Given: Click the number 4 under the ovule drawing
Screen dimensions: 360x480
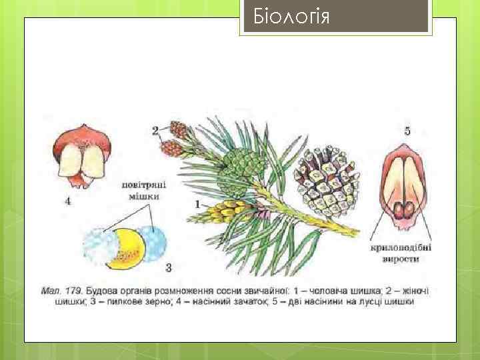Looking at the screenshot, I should pos(68,201).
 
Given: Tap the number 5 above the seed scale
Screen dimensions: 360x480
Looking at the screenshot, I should pos(407,131).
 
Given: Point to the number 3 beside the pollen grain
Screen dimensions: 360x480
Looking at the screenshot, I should pos(169,268).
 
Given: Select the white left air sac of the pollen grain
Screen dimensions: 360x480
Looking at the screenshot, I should pos(100,247).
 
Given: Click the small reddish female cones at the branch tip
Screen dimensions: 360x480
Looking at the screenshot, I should pos(175,139).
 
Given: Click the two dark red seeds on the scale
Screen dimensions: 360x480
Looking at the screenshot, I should pos(404,211).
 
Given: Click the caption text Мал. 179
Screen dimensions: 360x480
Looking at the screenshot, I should pos(61,291).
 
